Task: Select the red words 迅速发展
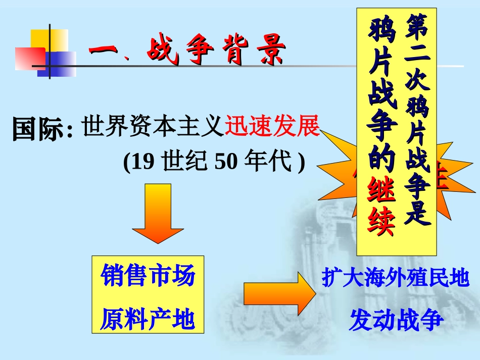[272, 126]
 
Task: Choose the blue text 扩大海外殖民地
[396, 278]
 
